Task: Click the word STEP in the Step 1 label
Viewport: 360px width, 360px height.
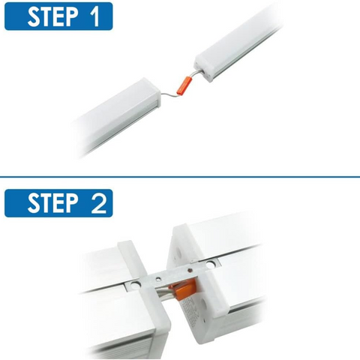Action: click(x=52, y=16)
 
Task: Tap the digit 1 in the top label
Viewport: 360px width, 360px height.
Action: click(x=94, y=16)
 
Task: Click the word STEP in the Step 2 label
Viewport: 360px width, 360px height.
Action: click(x=52, y=203)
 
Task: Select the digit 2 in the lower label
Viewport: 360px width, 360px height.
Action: click(x=99, y=203)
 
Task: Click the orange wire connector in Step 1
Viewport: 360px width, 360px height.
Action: click(x=184, y=86)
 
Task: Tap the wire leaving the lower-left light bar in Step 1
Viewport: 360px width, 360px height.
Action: click(x=169, y=94)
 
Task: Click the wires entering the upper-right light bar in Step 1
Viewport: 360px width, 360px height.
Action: click(x=197, y=73)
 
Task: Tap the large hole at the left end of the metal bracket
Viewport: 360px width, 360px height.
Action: click(x=136, y=285)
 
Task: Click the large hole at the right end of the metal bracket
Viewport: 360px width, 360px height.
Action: click(x=211, y=265)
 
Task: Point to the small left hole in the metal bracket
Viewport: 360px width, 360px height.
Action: click(x=158, y=278)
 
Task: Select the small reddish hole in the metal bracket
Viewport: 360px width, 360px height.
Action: click(x=190, y=270)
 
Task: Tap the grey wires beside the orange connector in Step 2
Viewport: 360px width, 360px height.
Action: click(x=163, y=292)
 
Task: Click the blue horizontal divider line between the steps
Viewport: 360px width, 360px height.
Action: click(x=180, y=177)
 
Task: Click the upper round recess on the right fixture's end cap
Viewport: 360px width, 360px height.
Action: click(x=179, y=253)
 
